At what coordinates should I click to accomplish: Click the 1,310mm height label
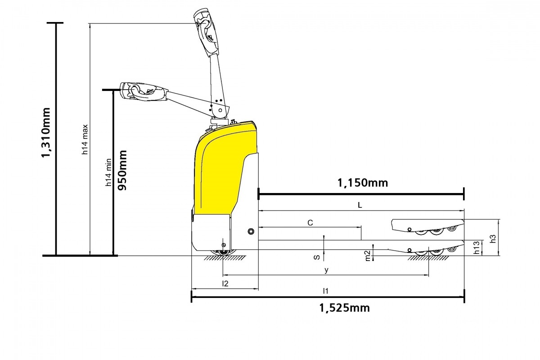(46, 133)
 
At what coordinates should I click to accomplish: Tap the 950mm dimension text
(122, 170)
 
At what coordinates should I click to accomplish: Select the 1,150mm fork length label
(363, 183)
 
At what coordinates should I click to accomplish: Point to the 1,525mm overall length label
(345, 308)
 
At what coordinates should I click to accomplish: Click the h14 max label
(85, 139)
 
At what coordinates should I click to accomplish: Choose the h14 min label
(108, 172)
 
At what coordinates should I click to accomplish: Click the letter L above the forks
(360, 205)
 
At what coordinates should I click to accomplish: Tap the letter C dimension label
(310, 223)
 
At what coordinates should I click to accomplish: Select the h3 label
(493, 238)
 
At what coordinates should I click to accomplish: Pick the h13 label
(477, 247)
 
